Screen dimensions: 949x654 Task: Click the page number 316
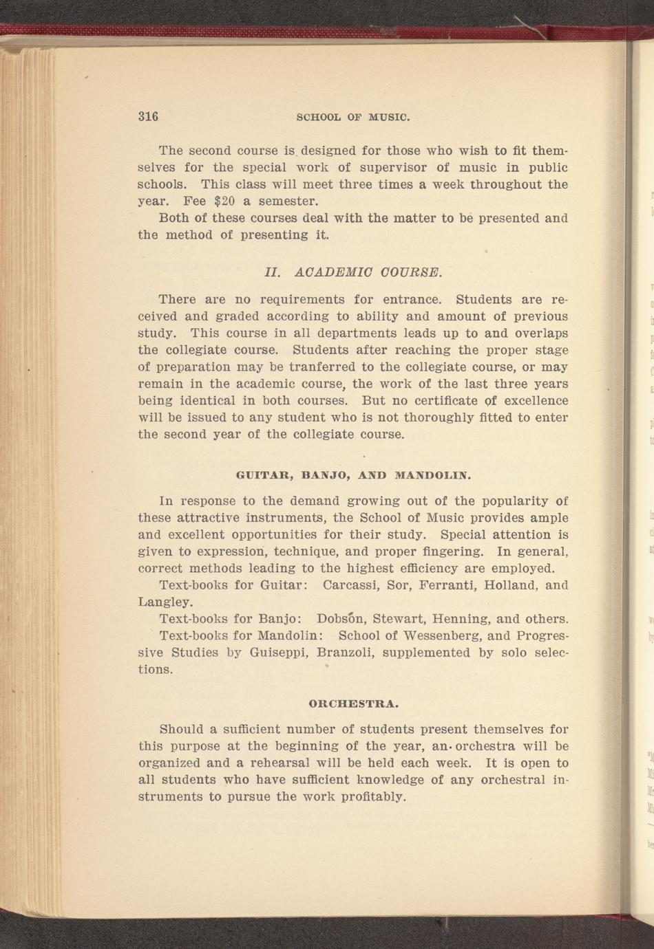tap(148, 116)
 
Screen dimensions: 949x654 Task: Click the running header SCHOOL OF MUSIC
tap(352, 117)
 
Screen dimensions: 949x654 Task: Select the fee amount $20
tap(225, 201)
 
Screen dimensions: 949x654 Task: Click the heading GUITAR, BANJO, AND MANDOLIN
tap(353, 474)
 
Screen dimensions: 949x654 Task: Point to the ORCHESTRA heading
tap(354, 703)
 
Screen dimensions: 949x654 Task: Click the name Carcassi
tap(350, 585)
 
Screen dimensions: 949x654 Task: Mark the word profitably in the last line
tap(373, 797)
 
